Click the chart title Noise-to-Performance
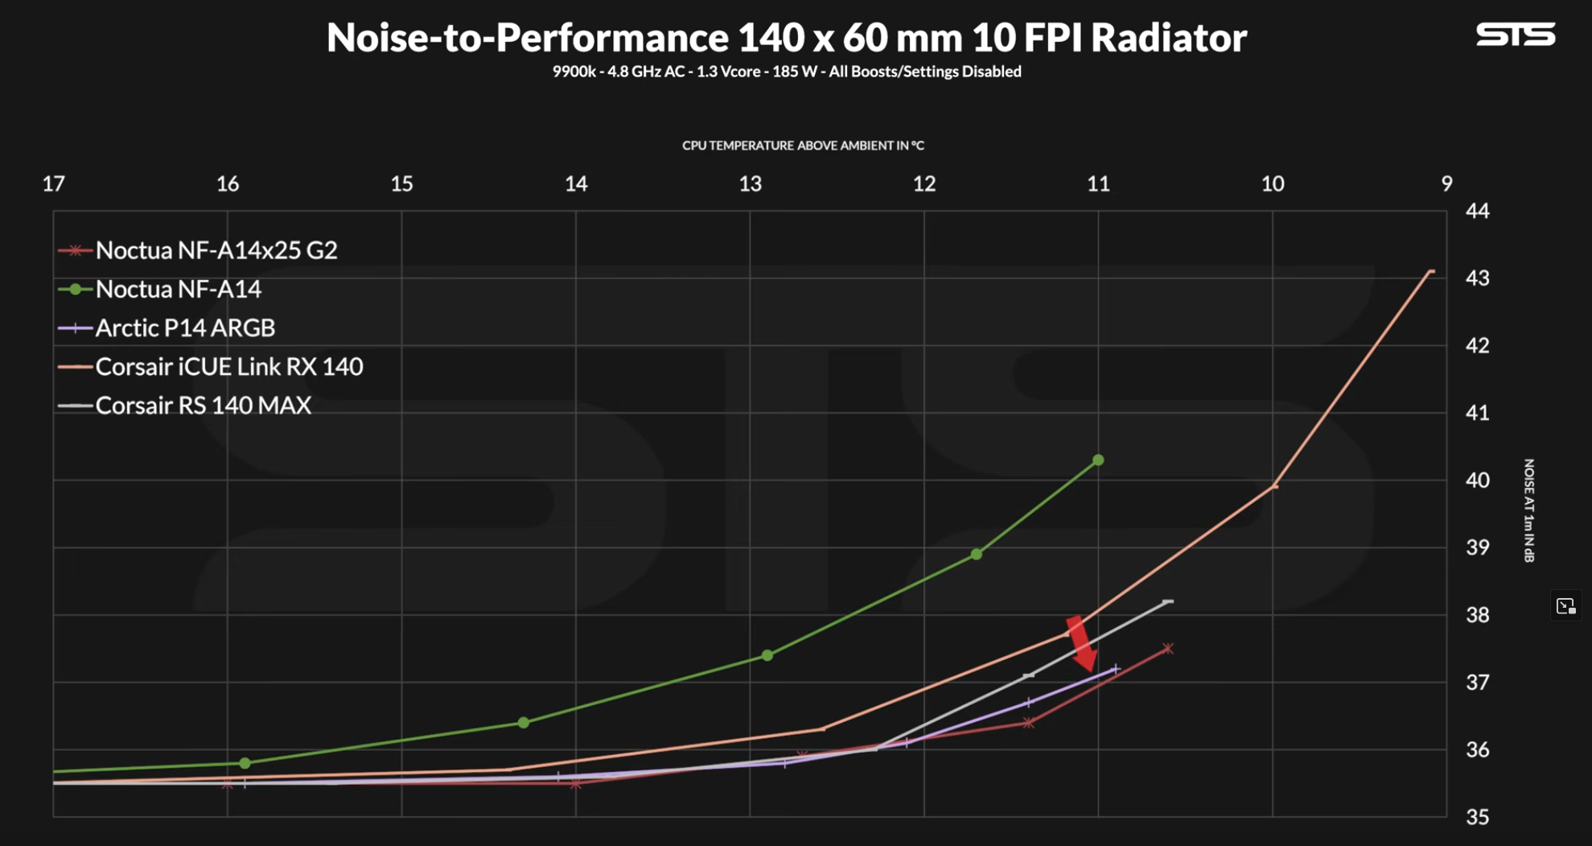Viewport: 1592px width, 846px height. (786, 38)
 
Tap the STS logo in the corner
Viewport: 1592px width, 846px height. (1515, 35)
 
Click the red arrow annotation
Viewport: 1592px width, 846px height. (1080, 643)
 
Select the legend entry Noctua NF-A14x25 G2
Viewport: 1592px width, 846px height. (216, 250)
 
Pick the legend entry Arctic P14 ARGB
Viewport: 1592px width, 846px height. (185, 328)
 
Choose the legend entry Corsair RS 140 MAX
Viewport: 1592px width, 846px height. (203, 405)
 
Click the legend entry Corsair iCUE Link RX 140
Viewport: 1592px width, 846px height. (228, 366)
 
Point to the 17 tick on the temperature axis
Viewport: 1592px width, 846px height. (54, 184)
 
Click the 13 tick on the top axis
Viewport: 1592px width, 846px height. (750, 184)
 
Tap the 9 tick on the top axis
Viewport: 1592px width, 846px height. (1446, 184)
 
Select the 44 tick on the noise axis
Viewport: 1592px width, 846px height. (1477, 211)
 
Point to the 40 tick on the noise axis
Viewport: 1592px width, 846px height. (1477, 480)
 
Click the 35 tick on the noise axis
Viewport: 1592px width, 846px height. (1477, 817)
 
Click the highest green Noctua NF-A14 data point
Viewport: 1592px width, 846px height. (1098, 460)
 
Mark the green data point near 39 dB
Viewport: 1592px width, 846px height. (976, 555)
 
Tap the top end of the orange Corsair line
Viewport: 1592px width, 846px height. (1430, 272)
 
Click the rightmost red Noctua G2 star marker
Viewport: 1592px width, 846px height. (1168, 649)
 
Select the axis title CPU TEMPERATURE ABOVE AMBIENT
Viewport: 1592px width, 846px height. (803, 146)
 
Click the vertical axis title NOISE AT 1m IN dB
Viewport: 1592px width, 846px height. (1528, 510)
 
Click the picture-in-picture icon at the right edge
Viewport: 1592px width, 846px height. (1565, 606)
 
